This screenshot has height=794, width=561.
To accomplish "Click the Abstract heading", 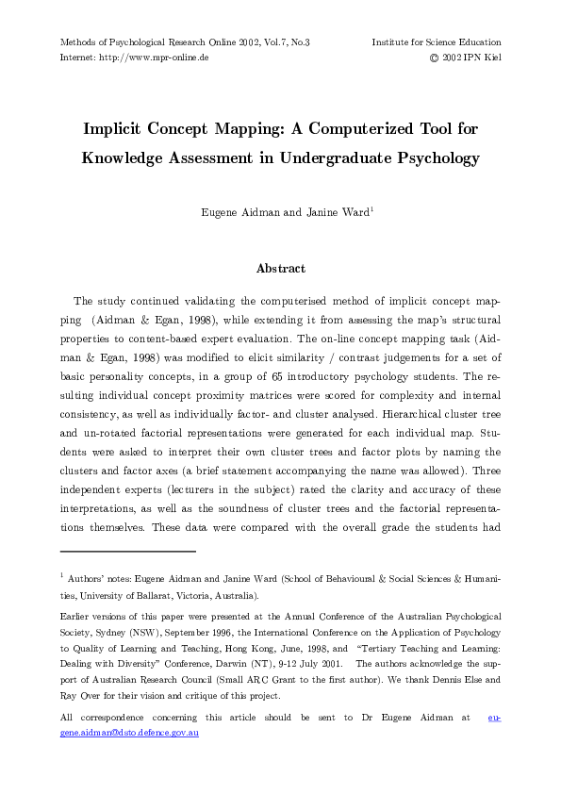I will (x=280, y=269).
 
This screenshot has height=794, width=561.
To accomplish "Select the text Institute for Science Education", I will (x=436, y=42).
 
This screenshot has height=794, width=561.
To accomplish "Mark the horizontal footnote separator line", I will (x=127, y=551).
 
